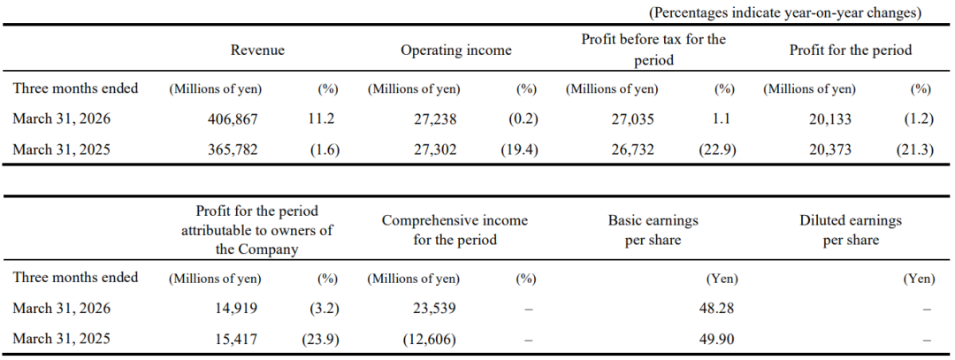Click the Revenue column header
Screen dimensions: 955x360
tap(257, 50)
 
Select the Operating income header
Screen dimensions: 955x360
tap(455, 50)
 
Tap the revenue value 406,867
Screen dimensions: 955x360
tap(233, 119)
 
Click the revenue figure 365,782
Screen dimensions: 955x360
tap(233, 149)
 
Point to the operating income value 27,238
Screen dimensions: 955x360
tap(435, 119)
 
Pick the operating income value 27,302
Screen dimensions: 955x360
tap(435, 149)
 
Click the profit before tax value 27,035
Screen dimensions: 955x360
tap(633, 119)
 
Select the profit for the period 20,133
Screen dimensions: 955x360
tap(830, 119)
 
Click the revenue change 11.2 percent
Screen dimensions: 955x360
tap(323, 119)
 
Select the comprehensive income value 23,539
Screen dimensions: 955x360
tap(435, 309)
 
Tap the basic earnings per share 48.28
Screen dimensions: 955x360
tap(718, 309)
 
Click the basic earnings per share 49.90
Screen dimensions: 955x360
tap(718, 339)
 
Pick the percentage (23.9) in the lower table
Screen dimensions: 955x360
tap(321, 339)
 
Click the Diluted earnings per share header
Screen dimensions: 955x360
tap(851, 230)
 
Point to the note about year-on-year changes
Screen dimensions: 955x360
tap(786, 12)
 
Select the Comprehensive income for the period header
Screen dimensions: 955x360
tap(455, 230)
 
